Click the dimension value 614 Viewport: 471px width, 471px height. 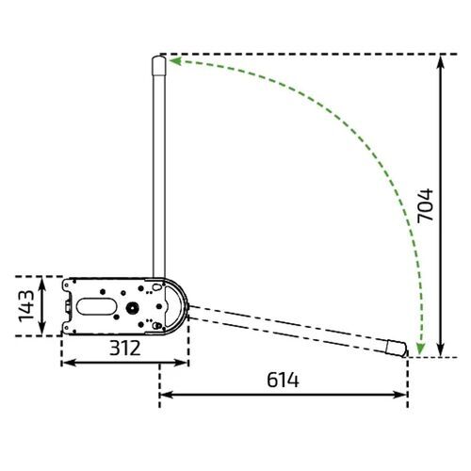282,381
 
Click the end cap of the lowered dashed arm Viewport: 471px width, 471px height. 399,348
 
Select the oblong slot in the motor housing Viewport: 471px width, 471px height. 96,305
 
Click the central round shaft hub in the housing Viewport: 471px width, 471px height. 132,307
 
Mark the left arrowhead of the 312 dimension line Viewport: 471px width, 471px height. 67,364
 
